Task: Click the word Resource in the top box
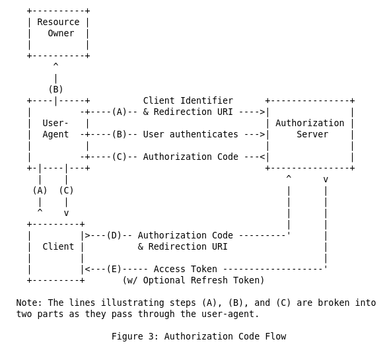pos(58,22)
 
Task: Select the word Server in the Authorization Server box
pos(312,134)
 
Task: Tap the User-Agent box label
pos(55,129)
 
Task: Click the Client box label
pos(58,246)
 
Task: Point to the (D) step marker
pos(114,235)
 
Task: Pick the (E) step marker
pos(114,269)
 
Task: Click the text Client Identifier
pos(188,100)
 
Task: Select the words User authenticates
pos(190,134)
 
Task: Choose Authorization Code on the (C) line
pos(190,157)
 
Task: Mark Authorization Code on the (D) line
pos(185,235)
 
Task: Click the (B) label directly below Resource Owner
pos(55,89)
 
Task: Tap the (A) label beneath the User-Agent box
pos(40,190)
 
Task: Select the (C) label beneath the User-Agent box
pos(66,190)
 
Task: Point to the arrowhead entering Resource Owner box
pos(55,65)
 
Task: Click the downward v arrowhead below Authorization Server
pos(326,179)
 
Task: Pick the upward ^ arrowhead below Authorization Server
pos(289,178)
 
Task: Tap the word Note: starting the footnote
pos(29,303)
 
